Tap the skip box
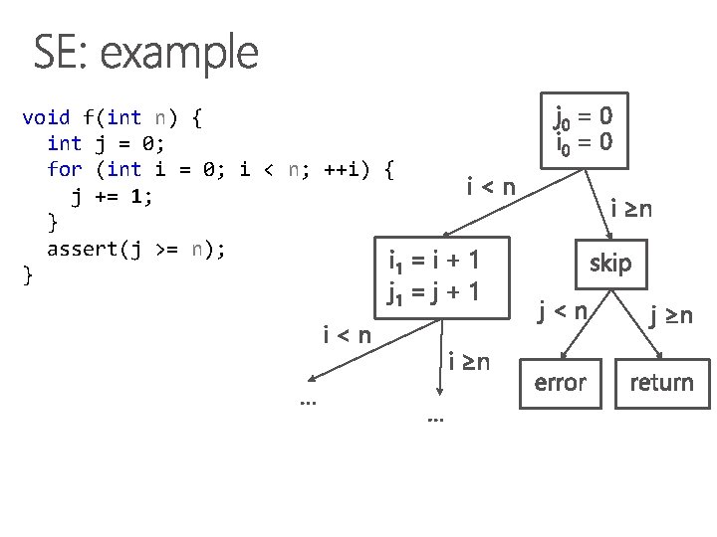[609, 264]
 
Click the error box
[561, 382]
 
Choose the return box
[661, 382]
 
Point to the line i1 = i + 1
[434, 263]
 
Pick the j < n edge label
[563, 312]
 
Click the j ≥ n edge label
[671, 317]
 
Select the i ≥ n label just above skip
[631, 209]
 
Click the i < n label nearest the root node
[491, 185]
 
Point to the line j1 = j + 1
[434, 293]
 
